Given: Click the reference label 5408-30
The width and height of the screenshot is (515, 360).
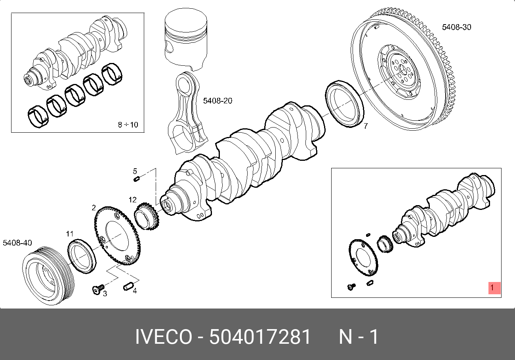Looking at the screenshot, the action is click(x=456, y=27).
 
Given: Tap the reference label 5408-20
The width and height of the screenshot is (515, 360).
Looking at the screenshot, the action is click(x=217, y=101).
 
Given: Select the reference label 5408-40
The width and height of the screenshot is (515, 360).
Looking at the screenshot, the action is click(x=17, y=243).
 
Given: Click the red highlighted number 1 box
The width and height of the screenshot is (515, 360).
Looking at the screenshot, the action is click(x=494, y=288).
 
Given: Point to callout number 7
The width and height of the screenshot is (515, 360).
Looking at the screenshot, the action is click(x=366, y=126).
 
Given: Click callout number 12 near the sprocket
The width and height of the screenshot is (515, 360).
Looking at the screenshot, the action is click(x=132, y=200).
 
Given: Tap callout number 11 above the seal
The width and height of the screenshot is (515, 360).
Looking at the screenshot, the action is click(x=70, y=234).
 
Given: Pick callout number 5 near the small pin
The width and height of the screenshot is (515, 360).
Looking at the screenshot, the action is click(x=135, y=171).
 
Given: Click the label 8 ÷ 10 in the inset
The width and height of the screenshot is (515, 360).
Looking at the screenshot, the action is click(x=128, y=125).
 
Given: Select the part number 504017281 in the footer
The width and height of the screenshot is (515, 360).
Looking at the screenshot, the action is click(x=260, y=337).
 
